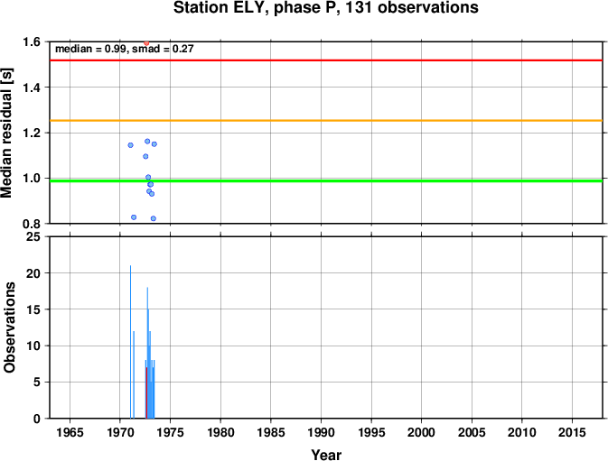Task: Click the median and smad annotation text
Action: point(124,49)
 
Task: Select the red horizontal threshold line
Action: point(326,60)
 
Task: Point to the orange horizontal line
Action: point(326,121)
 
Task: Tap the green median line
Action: point(326,180)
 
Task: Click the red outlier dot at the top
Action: point(146,43)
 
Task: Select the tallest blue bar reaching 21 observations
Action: point(130,342)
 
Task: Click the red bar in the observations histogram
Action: point(146,392)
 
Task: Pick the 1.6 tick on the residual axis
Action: point(32,41)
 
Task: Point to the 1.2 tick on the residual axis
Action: point(32,133)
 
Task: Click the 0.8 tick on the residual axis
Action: point(32,224)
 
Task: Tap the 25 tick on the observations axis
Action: point(33,236)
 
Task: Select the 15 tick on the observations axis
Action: point(33,309)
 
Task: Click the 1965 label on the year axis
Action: point(70,432)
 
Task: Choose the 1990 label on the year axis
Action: point(321,432)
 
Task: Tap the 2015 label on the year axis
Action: point(573,432)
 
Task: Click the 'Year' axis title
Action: point(326,455)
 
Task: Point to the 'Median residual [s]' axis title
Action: point(7,133)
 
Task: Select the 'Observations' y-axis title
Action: point(9,327)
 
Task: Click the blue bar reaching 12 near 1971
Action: point(134,374)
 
